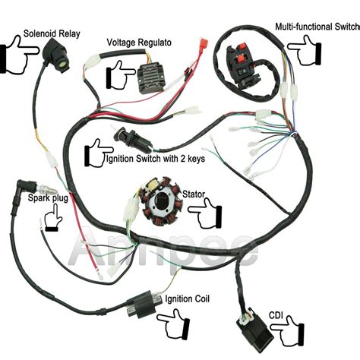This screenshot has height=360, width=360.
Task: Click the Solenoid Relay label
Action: pyautogui.click(x=52, y=33)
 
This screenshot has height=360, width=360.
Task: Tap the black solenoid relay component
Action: pyautogui.click(x=55, y=54)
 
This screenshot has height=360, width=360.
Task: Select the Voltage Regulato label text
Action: pyautogui.click(x=139, y=43)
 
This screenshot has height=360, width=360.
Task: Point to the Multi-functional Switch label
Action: pyautogui.click(x=317, y=27)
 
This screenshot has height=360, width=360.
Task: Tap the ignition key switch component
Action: pyautogui.click(x=134, y=140)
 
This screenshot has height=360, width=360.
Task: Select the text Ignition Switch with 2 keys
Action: pyautogui.click(x=155, y=159)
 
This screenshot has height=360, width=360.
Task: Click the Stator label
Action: pyautogui.click(x=194, y=194)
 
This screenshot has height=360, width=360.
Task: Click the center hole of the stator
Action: pyautogui.click(x=162, y=199)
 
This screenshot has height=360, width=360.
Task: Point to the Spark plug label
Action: pyautogui.click(x=48, y=198)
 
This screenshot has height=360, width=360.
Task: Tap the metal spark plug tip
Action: pyautogui.click(x=47, y=188)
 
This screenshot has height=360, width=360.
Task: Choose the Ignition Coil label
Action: pyautogui.click(x=187, y=298)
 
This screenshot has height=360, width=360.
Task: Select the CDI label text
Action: pyautogui.click(x=276, y=315)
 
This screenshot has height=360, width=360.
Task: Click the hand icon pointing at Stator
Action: pyautogui.click(x=205, y=214)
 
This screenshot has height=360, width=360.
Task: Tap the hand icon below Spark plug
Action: pyautogui.click(x=53, y=217)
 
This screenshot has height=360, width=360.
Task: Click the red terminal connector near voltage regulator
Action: pyautogui.click(x=204, y=42)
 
